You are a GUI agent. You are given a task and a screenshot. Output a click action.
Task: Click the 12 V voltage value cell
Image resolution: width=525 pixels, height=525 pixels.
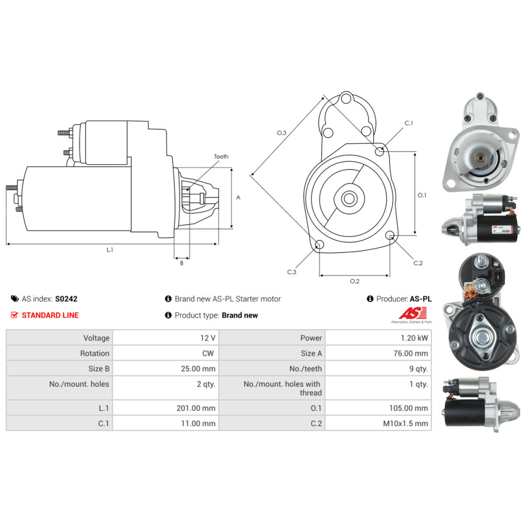pos(166,338)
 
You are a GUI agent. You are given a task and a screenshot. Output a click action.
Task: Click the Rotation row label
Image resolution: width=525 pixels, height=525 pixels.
pos(94,353)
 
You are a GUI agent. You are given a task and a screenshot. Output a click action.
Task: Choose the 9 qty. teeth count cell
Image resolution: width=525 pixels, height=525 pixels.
pos(379,369)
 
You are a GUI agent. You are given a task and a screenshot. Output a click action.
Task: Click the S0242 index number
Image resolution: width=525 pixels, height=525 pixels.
pos(66,299)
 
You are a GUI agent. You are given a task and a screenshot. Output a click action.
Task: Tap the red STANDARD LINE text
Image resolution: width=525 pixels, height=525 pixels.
pos(50,316)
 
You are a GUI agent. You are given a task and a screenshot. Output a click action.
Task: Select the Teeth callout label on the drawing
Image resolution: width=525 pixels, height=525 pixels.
pos(221,156)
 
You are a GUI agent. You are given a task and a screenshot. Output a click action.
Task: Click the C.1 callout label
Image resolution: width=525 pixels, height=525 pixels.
pos(409,123)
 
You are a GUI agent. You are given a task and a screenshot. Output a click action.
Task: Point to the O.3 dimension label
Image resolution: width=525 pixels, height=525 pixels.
pos(281,133)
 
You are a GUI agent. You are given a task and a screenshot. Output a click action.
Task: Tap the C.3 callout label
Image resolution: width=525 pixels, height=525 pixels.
pos(291,272)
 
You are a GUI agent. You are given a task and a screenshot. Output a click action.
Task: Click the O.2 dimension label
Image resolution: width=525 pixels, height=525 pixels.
pos(354,281)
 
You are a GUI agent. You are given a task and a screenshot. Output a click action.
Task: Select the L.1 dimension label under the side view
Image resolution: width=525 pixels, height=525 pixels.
pos(110,250)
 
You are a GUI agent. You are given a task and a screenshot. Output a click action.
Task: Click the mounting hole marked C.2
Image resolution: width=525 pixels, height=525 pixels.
pos(390,235)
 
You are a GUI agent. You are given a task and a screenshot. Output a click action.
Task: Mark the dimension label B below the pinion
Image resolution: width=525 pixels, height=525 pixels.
pos(182,263)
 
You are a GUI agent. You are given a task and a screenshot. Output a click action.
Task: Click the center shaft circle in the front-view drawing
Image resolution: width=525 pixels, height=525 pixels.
pos(349,198)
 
